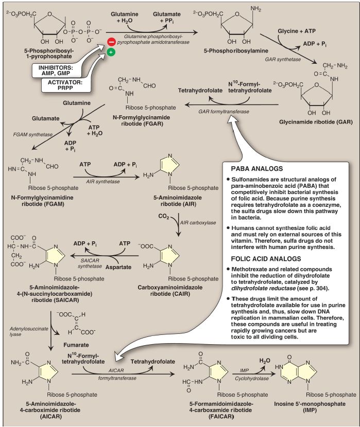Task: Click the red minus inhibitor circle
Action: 111,42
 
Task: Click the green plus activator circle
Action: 111,52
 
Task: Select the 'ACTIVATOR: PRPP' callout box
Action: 65,85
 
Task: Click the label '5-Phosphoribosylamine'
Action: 236,50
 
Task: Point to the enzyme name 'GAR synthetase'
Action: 283,59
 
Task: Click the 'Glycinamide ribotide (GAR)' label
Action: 316,122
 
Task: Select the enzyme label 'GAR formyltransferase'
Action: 224,111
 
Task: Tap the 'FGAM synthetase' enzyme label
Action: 33,134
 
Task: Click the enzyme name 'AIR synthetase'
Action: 103,182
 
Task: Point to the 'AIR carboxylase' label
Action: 198,222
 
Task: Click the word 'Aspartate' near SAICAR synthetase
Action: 118,267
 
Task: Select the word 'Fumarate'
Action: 76,345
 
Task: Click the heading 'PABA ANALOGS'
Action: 257,169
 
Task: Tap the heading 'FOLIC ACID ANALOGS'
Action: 266,259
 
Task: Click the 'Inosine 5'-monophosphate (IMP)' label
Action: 310,407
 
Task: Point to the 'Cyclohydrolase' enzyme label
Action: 252,379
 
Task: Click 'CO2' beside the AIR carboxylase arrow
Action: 164,217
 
